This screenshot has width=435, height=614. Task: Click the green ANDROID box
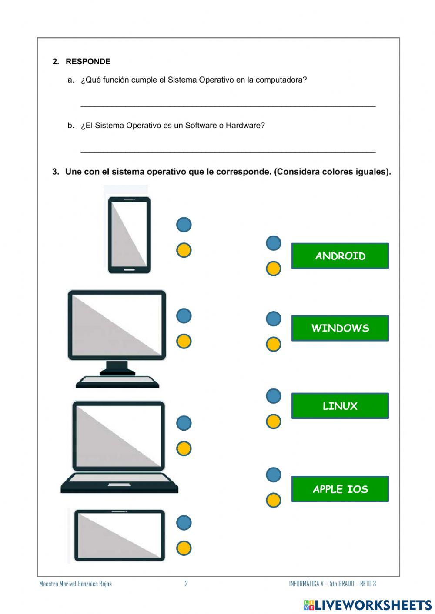coord(340,256)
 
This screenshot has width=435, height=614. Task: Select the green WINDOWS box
coord(340,328)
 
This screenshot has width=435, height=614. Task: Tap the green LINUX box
coord(340,406)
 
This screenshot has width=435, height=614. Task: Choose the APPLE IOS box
coord(340,489)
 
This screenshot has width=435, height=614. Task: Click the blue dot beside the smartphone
coord(184,225)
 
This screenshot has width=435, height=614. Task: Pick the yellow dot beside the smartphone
coord(184,250)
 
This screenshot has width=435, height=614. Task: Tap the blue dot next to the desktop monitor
coord(184,316)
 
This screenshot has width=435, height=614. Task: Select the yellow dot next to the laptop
coord(184,448)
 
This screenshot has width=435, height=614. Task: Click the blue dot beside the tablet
coord(184,523)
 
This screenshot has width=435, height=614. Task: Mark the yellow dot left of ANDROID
coord(274,269)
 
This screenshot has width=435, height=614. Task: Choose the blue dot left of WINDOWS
coord(274,319)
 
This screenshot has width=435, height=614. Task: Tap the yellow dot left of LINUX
coord(274,422)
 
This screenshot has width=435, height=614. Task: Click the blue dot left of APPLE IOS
coord(274,475)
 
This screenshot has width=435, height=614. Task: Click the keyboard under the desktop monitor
coord(117,382)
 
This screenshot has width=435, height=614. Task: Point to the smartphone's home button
coord(129,269)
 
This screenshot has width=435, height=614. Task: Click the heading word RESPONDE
coord(88,62)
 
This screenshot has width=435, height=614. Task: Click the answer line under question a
coord(228,106)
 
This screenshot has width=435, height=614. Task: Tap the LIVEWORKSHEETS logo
coord(368,605)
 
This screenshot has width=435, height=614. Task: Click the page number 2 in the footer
coord(186,584)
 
